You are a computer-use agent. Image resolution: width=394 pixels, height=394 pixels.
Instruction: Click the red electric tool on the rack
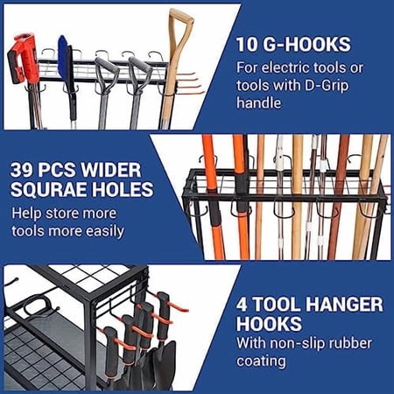[25, 57]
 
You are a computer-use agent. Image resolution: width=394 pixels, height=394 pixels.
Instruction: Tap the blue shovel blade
[63, 54]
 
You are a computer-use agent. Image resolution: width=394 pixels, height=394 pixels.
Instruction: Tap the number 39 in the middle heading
[25, 166]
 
